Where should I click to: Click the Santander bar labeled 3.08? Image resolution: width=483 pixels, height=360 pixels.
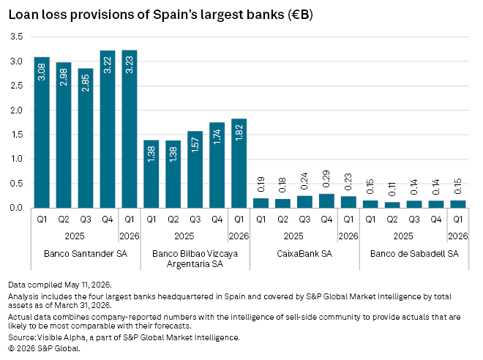pos(42,132)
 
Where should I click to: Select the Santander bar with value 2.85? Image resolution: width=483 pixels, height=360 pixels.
pos(86,138)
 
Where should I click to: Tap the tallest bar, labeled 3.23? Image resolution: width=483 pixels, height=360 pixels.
pos(130,129)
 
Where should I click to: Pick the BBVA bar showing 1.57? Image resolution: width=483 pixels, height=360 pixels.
pos(195,170)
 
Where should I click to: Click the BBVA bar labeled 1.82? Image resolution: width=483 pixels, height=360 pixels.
pos(239,163)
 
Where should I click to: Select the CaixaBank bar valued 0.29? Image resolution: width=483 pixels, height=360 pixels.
pos(326,201)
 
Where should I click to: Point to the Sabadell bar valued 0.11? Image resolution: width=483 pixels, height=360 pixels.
pos(392,205)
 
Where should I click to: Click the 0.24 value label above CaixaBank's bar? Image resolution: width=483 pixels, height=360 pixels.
pos(304,181)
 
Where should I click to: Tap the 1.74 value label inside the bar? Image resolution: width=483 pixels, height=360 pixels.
pos(217,136)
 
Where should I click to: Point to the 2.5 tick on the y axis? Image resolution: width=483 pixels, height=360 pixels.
pos(17,86)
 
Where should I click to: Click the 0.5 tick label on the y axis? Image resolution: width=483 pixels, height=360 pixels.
pos(17,184)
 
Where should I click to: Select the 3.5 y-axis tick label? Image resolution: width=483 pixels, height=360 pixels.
pos(17,37)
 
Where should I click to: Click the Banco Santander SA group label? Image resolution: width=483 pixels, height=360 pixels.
pos(86,254)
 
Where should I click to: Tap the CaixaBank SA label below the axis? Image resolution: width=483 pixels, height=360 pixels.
pos(304,254)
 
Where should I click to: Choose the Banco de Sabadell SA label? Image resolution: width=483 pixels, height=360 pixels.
pos(414,254)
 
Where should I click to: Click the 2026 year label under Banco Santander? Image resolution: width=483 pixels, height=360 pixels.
pos(130,236)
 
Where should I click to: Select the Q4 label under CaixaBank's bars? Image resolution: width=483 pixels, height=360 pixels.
pos(326,220)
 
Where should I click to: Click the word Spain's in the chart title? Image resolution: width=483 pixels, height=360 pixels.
pos(175,15)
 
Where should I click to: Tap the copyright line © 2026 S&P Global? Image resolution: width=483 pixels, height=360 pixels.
pos(44,348)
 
